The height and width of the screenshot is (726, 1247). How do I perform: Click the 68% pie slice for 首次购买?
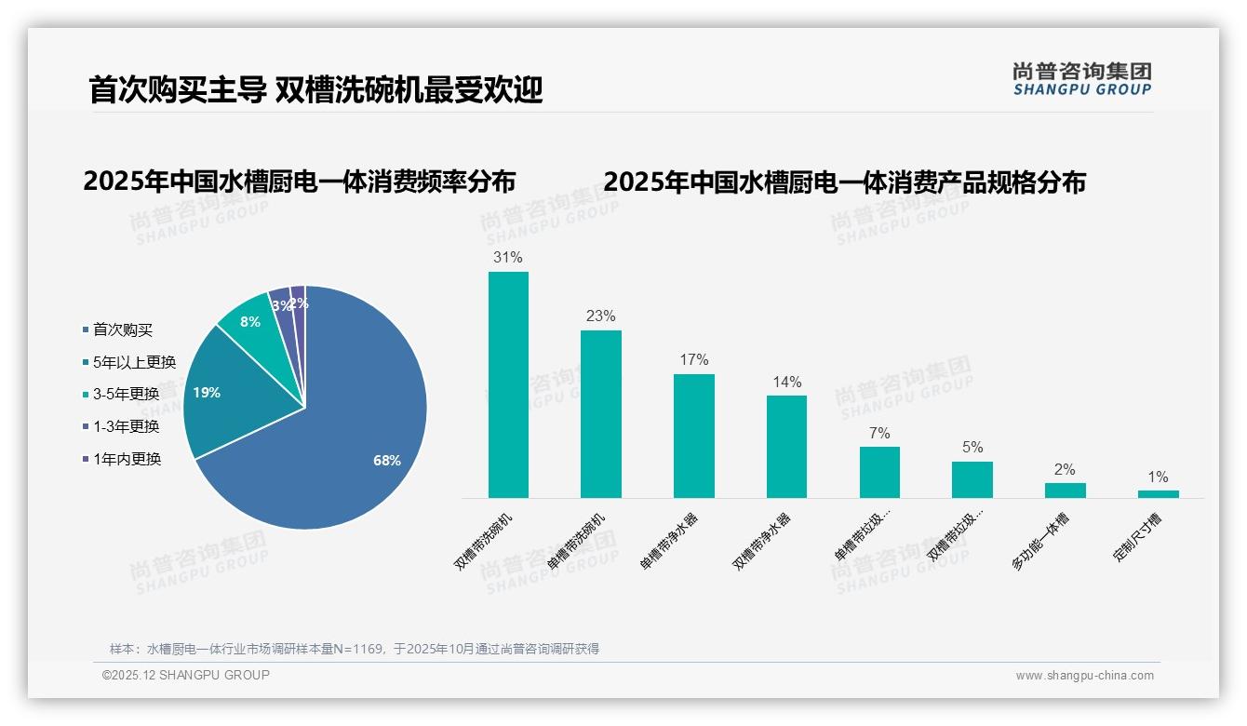344,437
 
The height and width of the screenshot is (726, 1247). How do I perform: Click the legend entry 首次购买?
122,329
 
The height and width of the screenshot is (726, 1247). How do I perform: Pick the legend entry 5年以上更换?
133,362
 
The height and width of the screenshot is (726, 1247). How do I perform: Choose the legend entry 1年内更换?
127,459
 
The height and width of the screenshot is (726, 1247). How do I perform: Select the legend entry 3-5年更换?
126,395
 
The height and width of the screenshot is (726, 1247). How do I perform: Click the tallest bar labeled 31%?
508,384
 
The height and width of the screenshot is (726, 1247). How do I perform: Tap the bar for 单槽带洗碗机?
600,413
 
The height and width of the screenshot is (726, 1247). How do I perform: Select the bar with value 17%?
693,436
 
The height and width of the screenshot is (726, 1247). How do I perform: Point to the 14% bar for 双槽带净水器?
786,446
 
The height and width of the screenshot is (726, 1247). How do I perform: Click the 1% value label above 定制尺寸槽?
1158,477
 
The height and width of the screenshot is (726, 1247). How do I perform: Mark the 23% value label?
600,316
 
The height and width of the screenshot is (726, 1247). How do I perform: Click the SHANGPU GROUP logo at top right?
1081,79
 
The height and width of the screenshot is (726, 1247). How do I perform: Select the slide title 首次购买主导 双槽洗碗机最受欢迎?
315,90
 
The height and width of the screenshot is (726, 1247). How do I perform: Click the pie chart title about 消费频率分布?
299,181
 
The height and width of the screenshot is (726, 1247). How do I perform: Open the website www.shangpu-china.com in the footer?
1084,676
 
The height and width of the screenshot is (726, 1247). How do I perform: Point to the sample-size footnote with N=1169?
355,649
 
